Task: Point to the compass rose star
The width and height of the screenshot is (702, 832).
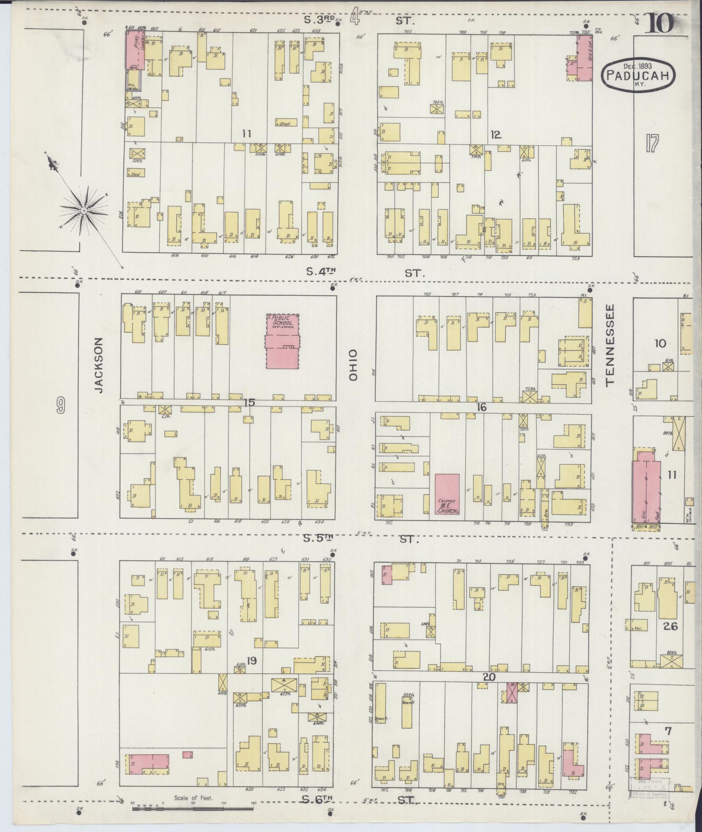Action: (x=84, y=211)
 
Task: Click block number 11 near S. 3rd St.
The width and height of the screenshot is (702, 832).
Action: (x=247, y=134)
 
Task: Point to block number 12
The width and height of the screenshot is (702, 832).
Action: (x=495, y=135)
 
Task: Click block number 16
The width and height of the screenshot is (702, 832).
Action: (x=481, y=408)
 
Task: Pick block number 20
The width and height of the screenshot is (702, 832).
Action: (x=489, y=677)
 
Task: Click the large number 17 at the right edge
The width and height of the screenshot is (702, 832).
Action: (x=652, y=144)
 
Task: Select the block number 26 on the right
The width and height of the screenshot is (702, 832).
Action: (x=671, y=626)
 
